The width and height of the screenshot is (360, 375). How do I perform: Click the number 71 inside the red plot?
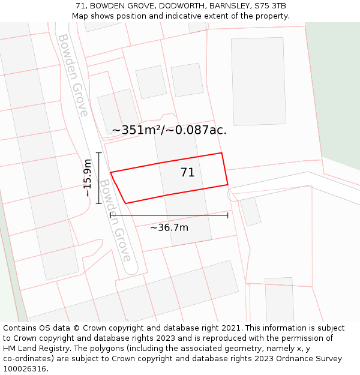point(188,173)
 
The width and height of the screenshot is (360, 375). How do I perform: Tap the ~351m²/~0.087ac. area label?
point(169,130)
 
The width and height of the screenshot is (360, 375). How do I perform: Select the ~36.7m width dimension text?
point(169,227)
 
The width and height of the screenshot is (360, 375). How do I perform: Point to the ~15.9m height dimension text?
point(88,178)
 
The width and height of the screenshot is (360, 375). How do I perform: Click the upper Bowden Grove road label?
point(73,75)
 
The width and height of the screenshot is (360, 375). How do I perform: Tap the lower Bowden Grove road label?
point(115,220)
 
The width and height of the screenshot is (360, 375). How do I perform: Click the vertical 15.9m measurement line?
point(98,178)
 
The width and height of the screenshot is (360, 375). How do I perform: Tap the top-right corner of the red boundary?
point(222,153)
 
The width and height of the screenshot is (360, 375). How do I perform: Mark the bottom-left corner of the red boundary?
point(125,203)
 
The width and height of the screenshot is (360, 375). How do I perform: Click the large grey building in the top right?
point(259,73)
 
